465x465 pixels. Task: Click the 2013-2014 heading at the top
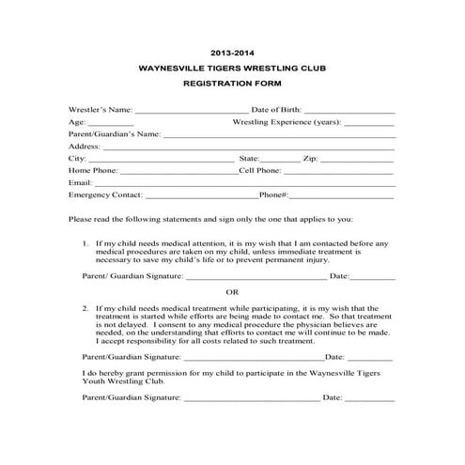click(232, 54)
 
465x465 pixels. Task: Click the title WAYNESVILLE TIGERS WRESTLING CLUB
click(232, 69)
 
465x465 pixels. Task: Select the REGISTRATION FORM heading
click(232, 85)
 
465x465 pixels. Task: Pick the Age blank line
click(111, 124)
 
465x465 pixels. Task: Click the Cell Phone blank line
click(338, 172)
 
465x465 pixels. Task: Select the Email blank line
click(243, 184)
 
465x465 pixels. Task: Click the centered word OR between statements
click(232, 292)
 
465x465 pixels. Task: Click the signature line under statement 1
click(256, 278)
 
